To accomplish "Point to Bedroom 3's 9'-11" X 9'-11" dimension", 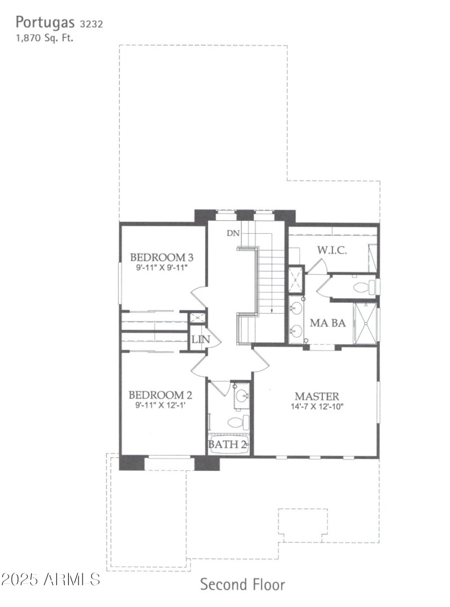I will (161, 268).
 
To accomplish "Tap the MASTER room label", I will (317, 396).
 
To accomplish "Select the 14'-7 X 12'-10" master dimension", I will (317, 406).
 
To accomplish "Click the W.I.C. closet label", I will (331, 250).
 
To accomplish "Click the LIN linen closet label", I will (200, 339).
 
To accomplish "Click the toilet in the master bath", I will (364, 288).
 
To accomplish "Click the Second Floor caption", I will (242, 585).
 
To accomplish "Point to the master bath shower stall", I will (364, 323).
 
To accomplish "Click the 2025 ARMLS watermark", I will (51, 579).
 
